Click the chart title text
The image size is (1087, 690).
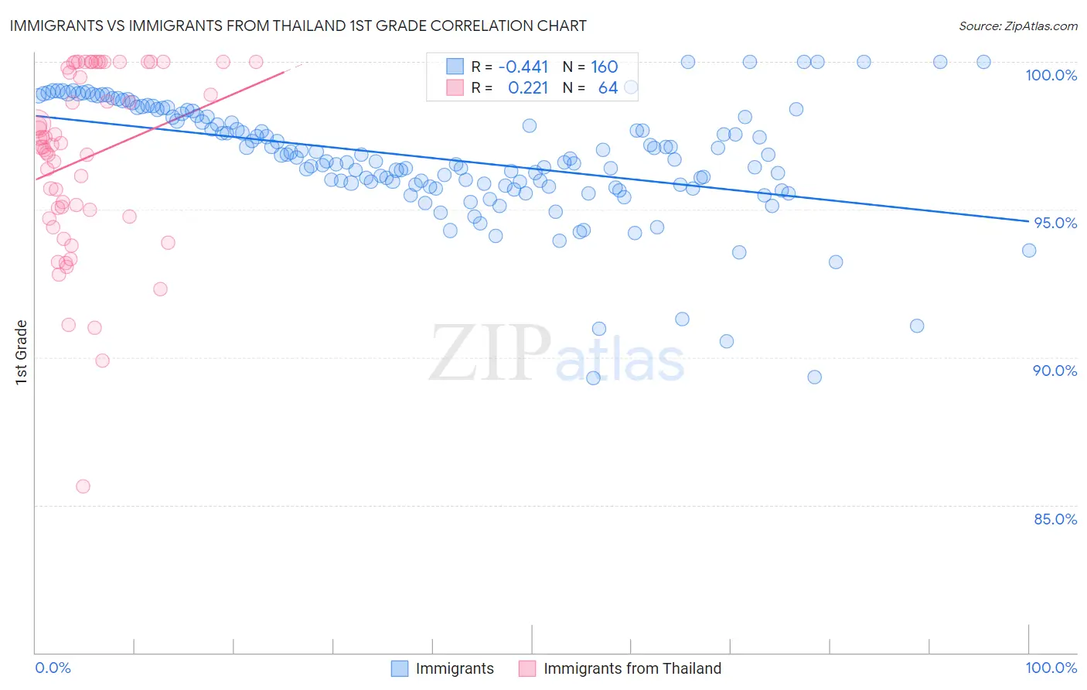[x=298, y=26]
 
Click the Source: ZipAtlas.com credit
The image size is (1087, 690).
[x=1017, y=26]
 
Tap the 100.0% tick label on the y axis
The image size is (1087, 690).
[x=1051, y=75]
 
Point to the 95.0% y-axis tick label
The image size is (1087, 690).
[x=1055, y=223]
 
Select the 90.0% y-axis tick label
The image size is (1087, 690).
[x=1055, y=371]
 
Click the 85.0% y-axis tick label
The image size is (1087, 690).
[x=1055, y=519]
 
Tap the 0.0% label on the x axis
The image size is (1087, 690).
[x=53, y=668]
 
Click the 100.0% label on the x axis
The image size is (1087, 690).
[x=1051, y=668]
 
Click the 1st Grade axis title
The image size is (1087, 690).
[x=22, y=352]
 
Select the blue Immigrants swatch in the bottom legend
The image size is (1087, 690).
[x=400, y=668]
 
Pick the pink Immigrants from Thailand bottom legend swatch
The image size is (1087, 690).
[x=527, y=668]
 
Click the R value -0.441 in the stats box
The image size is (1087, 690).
[x=523, y=67]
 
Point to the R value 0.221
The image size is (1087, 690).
[x=528, y=88]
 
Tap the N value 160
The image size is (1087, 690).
[x=604, y=67]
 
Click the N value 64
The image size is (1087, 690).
[x=608, y=88]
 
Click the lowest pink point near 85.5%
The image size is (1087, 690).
[x=83, y=487]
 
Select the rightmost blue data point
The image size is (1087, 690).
[x=1028, y=250]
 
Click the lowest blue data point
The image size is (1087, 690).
[x=593, y=378]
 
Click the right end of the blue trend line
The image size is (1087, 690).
[x=1028, y=221]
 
